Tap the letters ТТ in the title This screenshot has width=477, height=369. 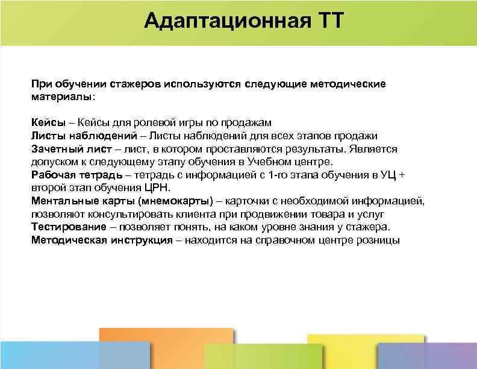[x=328, y=22]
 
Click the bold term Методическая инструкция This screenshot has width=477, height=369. [x=99, y=240]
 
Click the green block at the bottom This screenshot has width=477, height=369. [x=255, y=356]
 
